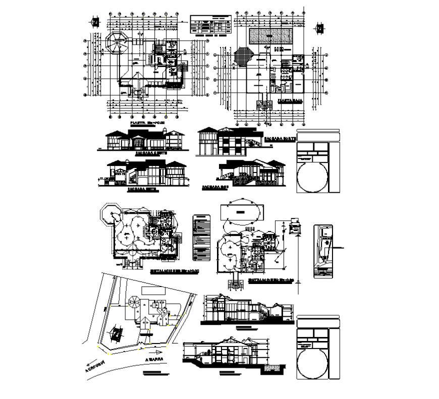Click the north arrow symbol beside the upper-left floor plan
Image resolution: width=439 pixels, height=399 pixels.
(94, 22)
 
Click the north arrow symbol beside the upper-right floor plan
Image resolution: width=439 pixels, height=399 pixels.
(319, 29)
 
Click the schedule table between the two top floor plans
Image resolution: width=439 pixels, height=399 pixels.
(210, 26)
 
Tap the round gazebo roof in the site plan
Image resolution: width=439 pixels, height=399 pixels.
(134, 302)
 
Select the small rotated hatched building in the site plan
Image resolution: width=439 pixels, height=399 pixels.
(117, 334)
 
